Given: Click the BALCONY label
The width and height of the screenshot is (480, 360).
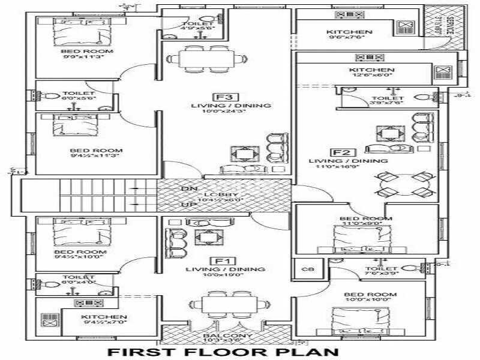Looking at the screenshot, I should [x=223, y=335].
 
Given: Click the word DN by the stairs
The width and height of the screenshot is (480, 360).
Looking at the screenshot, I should [x=187, y=188].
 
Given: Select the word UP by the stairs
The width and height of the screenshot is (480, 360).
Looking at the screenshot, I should [x=187, y=205].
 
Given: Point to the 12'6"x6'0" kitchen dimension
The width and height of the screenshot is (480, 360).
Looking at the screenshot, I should [x=371, y=77].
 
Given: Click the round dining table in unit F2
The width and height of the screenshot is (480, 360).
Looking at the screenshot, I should [x=405, y=185].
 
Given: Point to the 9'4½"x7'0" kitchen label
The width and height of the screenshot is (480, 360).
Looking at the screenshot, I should [x=103, y=317].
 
